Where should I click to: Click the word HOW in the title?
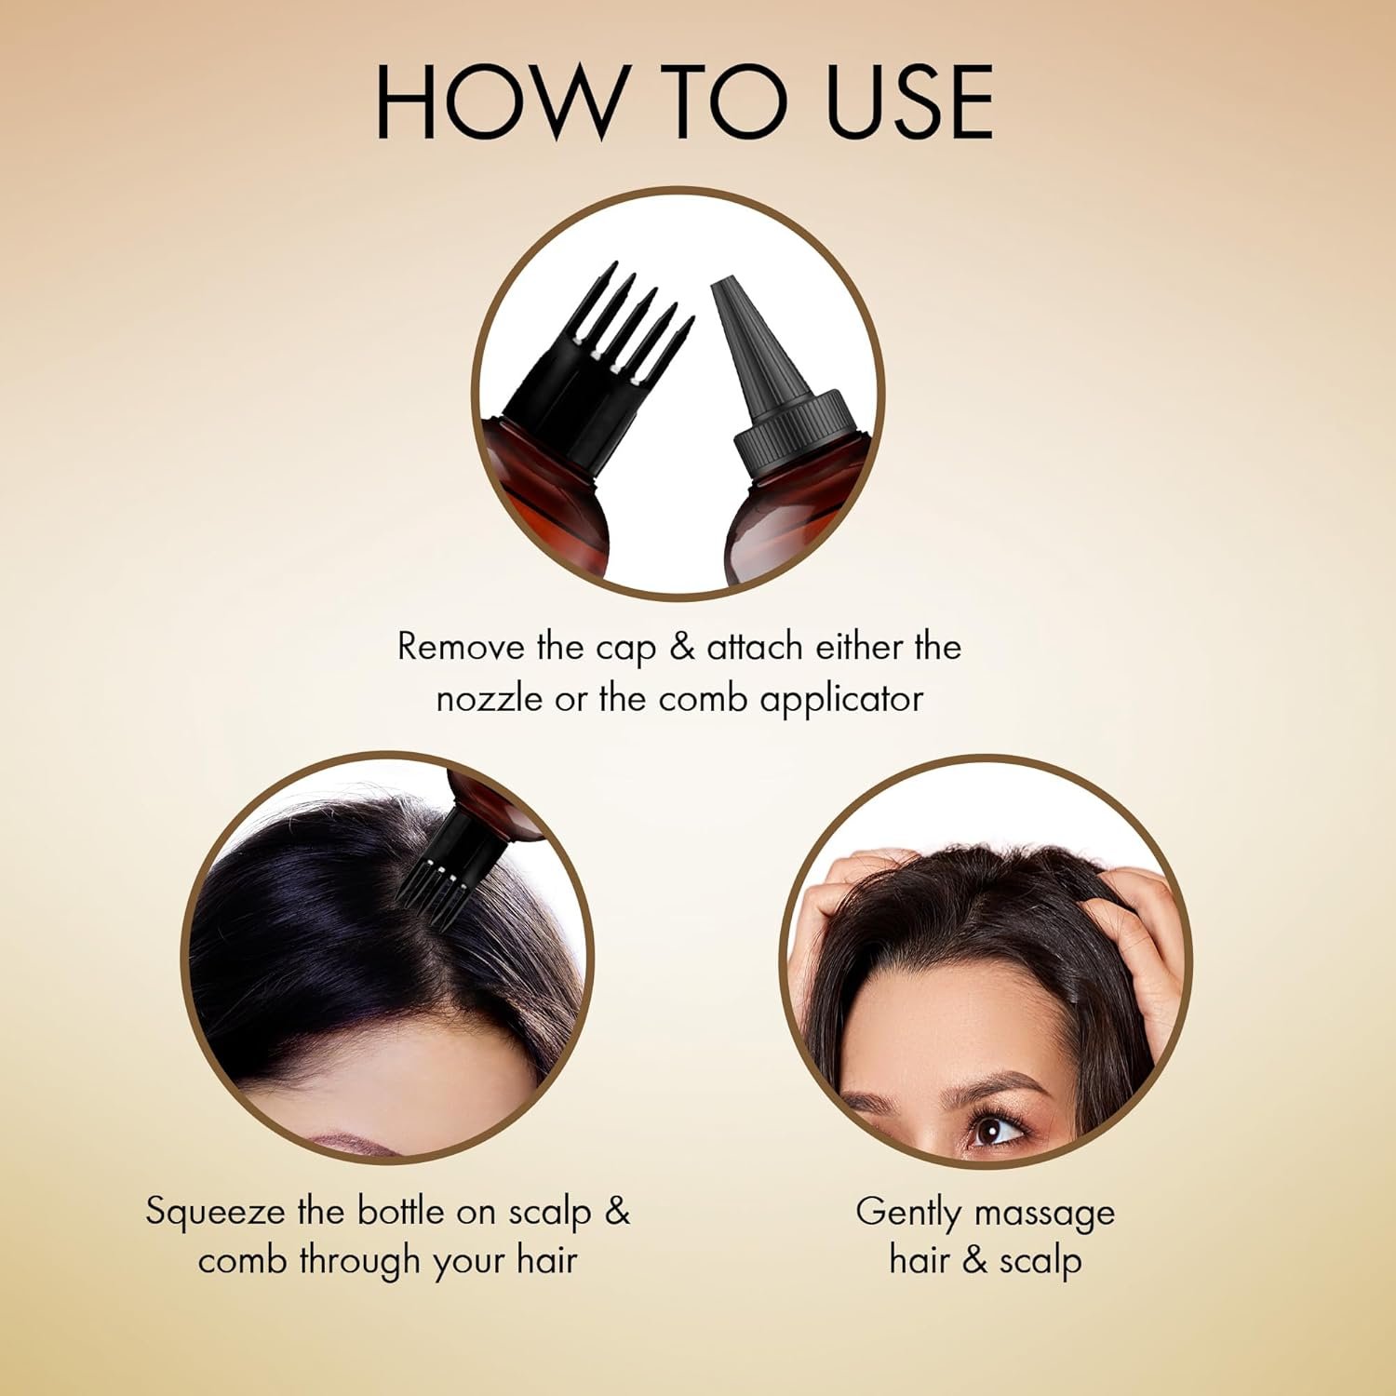point(501,102)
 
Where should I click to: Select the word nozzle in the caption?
point(490,699)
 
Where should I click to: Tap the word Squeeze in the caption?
point(216,1213)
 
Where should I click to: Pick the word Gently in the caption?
point(908,1214)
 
